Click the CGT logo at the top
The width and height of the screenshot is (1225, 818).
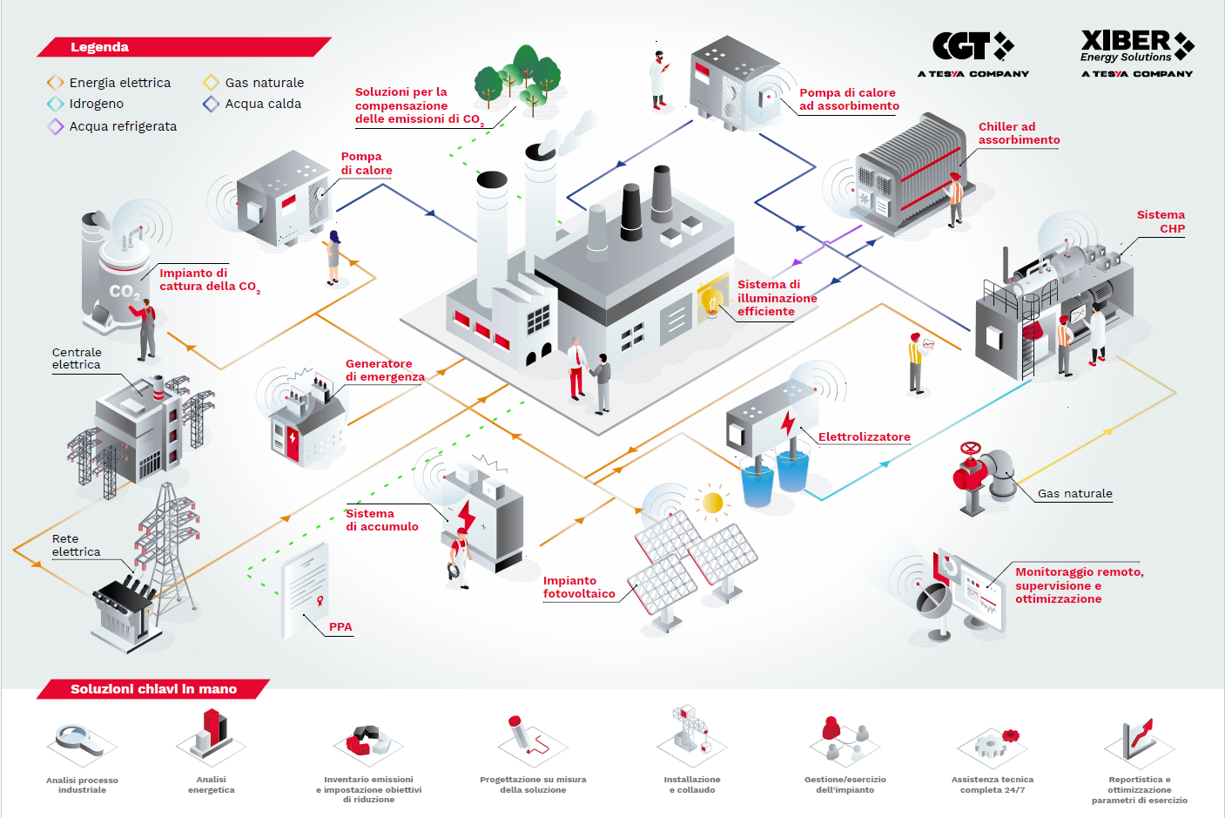tap(973, 48)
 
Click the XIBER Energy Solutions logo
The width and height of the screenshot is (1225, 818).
tap(1136, 48)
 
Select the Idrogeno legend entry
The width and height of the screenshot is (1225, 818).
tap(96, 104)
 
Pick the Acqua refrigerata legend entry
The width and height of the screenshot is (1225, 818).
tap(123, 126)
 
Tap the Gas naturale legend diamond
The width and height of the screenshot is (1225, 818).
tap(211, 83)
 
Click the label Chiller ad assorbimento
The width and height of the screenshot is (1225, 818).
tap(1019, 133)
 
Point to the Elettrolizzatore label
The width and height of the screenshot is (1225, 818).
tap(864, 437)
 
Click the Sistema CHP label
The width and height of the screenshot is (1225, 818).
tap(1161, 222)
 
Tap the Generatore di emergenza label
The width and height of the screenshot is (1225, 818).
tap(385, 370)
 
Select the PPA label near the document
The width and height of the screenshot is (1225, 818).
tap(340, 627)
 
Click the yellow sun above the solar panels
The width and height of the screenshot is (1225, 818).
tap(713, 503)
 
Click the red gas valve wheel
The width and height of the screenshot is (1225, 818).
tap(970, 450)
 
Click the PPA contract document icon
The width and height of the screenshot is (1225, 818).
tap(306, 588)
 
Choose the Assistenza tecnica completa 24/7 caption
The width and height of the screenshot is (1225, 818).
tap(992, 785)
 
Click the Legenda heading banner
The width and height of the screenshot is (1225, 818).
tap(99, 47)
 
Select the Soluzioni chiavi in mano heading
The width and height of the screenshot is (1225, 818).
tap(153, 689)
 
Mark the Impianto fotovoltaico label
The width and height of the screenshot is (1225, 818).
tap(579, 587)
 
